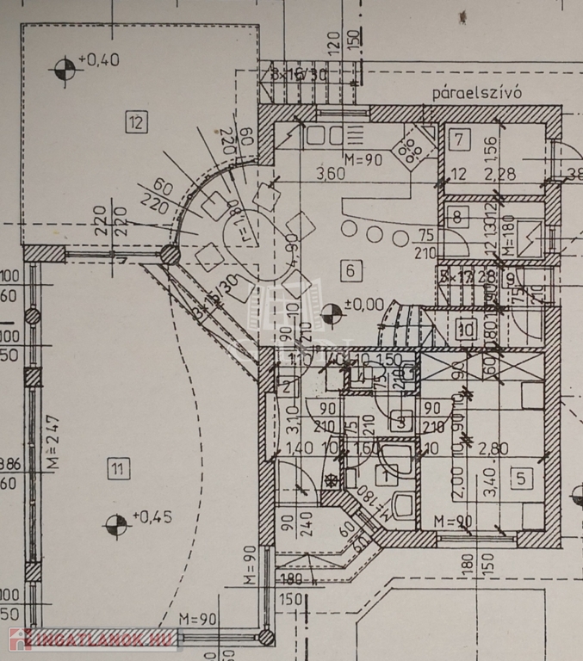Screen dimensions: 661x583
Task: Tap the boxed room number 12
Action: tap(135, 121)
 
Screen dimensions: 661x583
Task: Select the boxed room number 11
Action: tap(118, 469)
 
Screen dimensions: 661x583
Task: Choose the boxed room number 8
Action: tap(457, 217)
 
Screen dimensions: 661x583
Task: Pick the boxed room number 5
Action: tap(520, 479)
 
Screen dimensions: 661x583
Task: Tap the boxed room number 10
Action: tap(467, 327)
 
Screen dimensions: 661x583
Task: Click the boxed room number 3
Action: tap(399, 422)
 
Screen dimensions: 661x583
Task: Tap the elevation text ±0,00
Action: tap(361, 304)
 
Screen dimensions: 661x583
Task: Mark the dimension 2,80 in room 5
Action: tap(500, 448)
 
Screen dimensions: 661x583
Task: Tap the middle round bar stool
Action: tap(375, 233)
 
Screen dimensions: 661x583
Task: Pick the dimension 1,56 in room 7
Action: tap(490, 146)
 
